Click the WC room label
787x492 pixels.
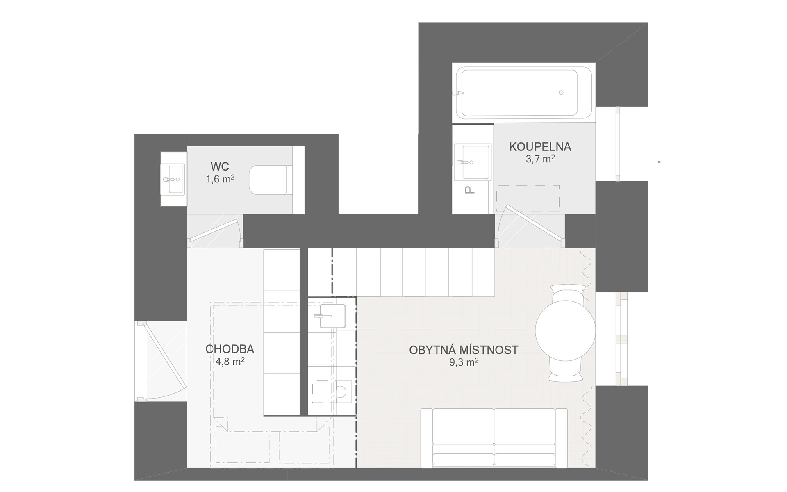click(220, 166)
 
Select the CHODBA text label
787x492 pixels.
click(230, 349)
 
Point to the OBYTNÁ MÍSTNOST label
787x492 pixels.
click(464, 350)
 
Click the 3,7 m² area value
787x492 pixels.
click(540, 159)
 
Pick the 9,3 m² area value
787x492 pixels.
click(464, 362)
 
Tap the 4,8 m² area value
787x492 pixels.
click(230, 362)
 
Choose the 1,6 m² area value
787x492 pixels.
click(220, 179)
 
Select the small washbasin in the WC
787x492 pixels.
click(173, 179)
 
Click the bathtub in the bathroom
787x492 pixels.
click(523, 93)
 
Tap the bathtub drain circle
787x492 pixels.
click(561, 93)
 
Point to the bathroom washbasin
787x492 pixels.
click(473, 162)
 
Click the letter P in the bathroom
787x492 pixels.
click(470, 190)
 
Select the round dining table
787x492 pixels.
click(565, 331)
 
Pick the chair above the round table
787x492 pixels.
click(568, 294)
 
